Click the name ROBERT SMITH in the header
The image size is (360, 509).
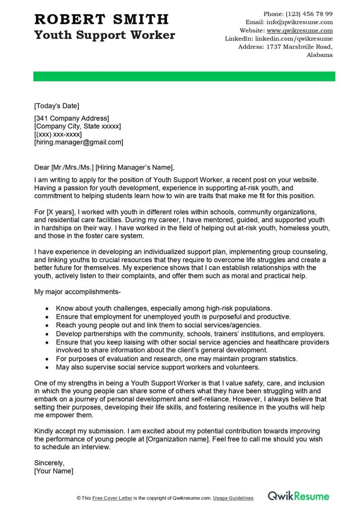click(x=101, y=19)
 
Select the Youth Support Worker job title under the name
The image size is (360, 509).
click(x=104, y=35)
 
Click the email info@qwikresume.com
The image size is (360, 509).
click(x=299, y=22)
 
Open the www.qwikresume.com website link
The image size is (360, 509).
click(x=299, y=31)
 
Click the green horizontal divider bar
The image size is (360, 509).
click(x=184, y=76)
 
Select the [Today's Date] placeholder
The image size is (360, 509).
click(x=56, y=106)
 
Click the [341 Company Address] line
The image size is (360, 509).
click(x=72, y=118)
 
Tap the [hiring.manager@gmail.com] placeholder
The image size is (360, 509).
click(x=78, y=142)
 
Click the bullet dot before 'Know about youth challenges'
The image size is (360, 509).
click(x=48, y=309)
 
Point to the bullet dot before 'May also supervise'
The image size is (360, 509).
click(x=48, y=367)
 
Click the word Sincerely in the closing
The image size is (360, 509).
click(x=49, y=463)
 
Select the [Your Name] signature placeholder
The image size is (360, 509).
click(x=54, y=471)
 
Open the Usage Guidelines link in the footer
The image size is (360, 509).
click(x=233, y=498)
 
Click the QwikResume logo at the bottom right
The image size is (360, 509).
click(x=298, y=496)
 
